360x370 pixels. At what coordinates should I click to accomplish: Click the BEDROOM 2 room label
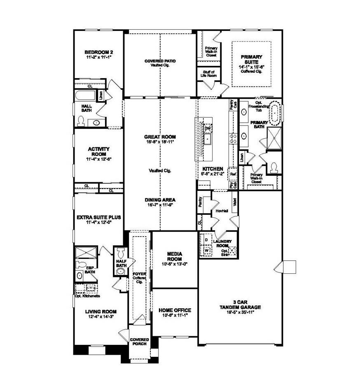point(98,52)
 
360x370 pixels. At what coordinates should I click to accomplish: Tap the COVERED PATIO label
point(160,61)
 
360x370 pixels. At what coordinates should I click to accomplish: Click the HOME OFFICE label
point(175,310)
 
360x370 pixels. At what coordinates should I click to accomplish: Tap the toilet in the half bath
point(121,252)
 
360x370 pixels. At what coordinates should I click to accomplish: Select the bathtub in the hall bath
point(85,97)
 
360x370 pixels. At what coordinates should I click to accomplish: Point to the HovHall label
point(222,211)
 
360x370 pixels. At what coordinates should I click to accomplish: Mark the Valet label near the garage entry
point(234,202)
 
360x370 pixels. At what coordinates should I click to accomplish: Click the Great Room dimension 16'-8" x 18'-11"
point(160,142)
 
